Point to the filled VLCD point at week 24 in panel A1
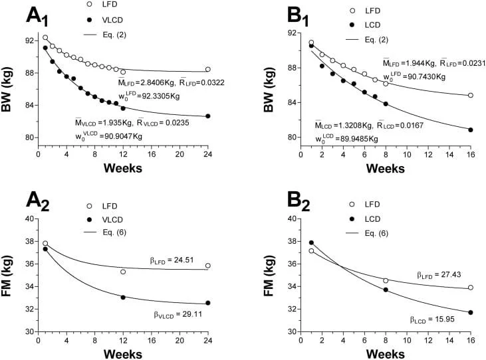tap(208, 116)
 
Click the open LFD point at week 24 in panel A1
tap(208, 69)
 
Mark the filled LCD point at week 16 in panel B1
tap(471, 130)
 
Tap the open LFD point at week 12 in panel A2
tap(123, 272)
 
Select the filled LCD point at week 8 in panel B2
tap(386, 290)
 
